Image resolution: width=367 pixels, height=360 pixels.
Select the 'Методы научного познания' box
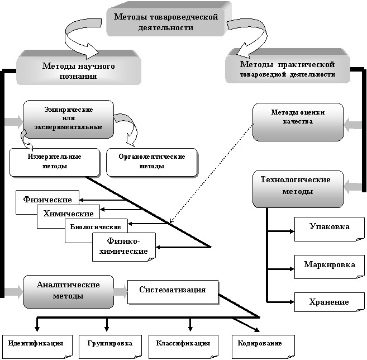click(x=78, y=70)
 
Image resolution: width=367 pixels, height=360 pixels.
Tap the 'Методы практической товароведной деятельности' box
click(x=287, y=69)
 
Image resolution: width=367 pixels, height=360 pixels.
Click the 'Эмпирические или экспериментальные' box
click(x=68, y=118)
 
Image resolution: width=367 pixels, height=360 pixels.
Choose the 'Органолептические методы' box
click(x=151, y=162)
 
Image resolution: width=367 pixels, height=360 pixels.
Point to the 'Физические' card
click(x=47, y=200)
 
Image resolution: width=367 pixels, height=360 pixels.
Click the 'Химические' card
click(x=68, y=215)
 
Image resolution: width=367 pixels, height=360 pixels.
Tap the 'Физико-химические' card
click(x=123, y=246)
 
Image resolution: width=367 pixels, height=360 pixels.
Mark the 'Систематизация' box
click(x=172, y=291)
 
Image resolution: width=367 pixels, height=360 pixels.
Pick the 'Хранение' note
click(x=329, y=302)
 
